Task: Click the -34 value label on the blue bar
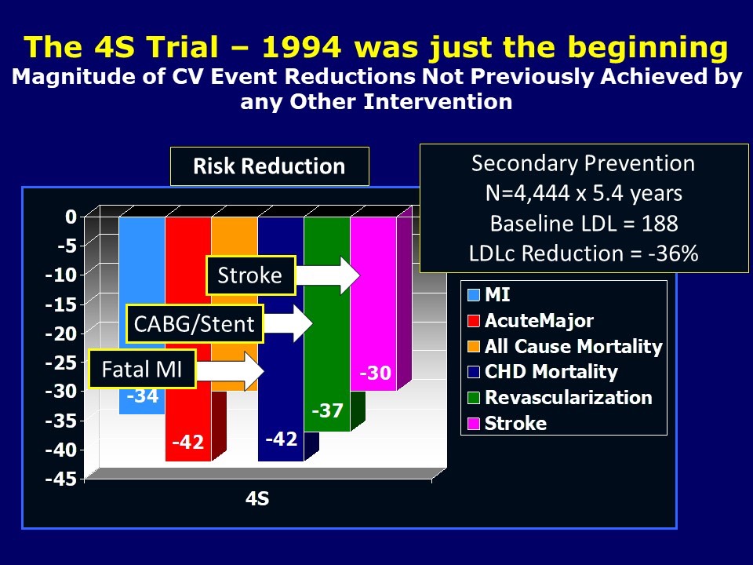[142, 396]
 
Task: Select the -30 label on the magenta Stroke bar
[374, 374]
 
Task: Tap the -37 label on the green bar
[327, 410]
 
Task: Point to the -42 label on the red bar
[188, 443]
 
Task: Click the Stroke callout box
[250, 275]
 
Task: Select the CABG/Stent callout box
[195, 323]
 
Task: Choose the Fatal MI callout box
[141, 370]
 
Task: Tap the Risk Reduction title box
[269, 166]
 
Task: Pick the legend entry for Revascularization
[567, 397]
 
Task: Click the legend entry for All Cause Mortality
[573, 346]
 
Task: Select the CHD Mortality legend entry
[550, 372]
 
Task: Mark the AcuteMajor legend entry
[538, 320]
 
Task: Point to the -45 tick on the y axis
[65, 479]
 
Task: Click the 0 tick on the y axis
[71, 217]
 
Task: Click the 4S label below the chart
[257, 499]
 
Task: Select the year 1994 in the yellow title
[299, 49]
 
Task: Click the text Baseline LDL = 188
[584, 224]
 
